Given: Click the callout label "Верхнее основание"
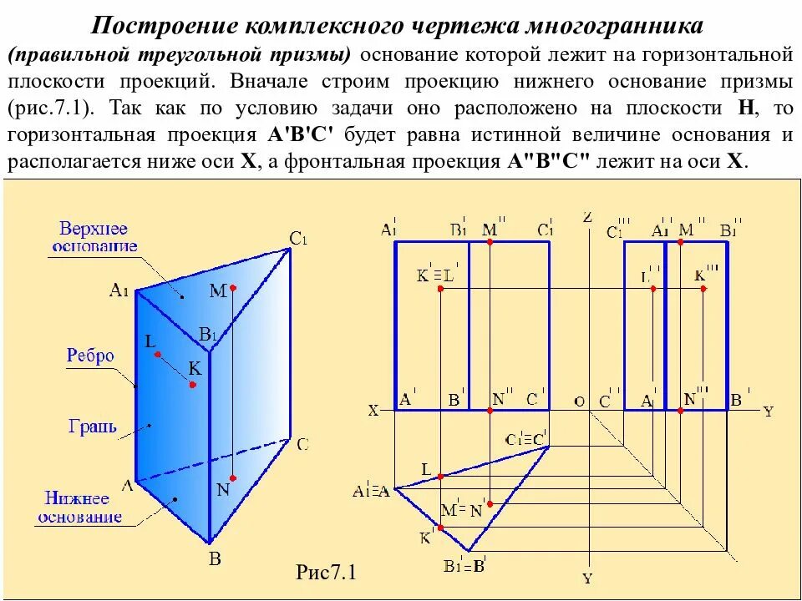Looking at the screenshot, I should tap(94, 237).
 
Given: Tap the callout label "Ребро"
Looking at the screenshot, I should tap(90, 356).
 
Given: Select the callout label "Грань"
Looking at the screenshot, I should tap(93, 427).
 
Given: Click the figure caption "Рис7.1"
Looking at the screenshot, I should tap(326, 573).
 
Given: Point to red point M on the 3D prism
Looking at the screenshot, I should tap(233, 288).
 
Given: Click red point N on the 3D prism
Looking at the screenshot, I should tap(233, 478).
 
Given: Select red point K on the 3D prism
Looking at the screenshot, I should tap(193, 385).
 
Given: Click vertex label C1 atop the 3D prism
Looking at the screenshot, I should tap(299, 239).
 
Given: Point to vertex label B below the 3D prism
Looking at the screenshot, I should tap(214, 559).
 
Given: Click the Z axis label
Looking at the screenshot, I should tap(586, 217).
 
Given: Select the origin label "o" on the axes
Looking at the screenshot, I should tap(578, 402).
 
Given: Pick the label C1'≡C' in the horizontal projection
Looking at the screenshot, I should tap(525, 438).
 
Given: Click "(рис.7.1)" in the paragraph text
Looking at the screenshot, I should tap(53, 109).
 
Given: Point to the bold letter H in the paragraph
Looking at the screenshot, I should tap(745, 109).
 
